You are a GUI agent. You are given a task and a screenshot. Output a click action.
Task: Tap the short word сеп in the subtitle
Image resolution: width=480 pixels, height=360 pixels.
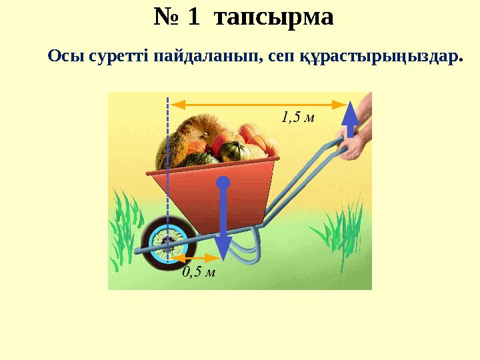pos(273,57)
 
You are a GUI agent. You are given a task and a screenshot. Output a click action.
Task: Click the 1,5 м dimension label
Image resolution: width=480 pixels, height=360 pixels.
pos(297,117)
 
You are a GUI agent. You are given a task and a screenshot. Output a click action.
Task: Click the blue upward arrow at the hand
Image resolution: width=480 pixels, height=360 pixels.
pos(348,120)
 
